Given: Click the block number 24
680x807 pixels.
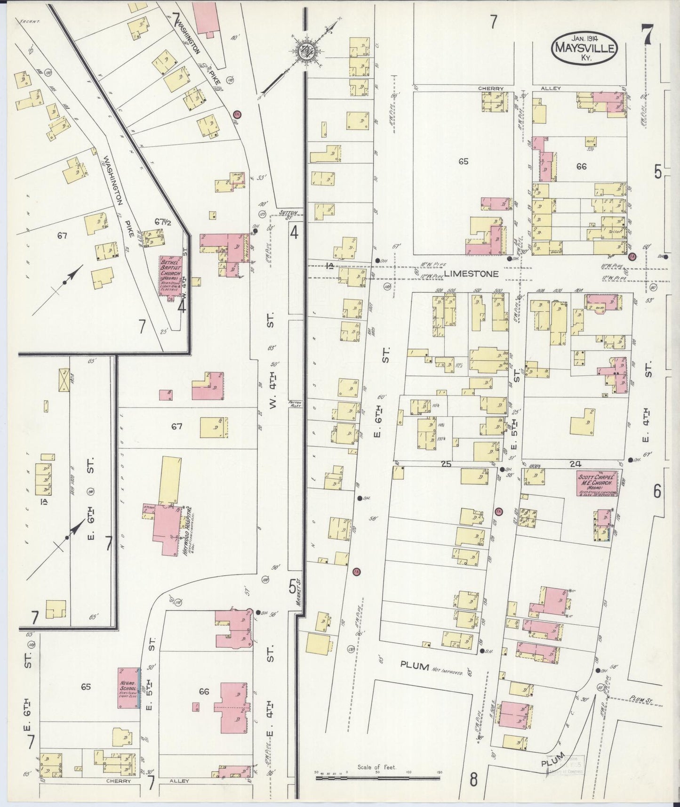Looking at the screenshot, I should [575, 464].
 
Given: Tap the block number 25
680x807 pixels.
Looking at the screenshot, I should [446, 464].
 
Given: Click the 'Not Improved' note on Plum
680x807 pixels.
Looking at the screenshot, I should [451, 673].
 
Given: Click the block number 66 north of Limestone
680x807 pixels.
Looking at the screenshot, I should [581, 166].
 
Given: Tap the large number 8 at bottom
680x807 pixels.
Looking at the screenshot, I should [473, 779].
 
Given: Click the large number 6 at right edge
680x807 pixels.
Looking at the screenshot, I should [657, 492].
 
